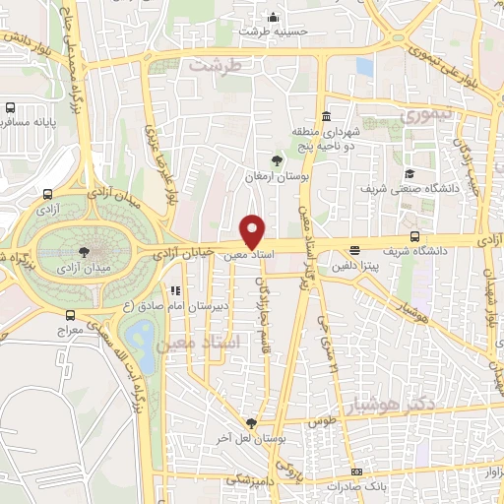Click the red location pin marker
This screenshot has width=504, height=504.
[x=253, y=230]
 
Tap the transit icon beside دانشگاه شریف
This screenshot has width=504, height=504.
[x=414, y=236]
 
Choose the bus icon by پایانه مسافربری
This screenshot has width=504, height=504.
[x=10, y=108]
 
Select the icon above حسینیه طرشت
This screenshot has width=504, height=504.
[x=273, y=17]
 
